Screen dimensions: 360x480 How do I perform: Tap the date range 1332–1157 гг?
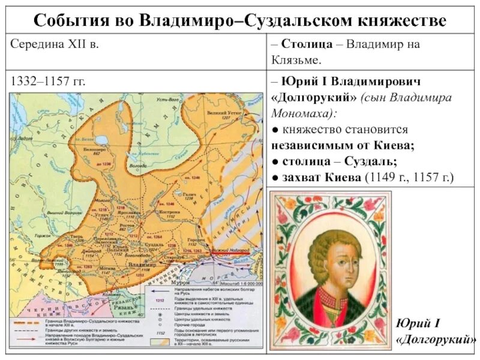point(46,82)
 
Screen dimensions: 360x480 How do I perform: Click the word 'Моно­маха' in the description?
point(302,113)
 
